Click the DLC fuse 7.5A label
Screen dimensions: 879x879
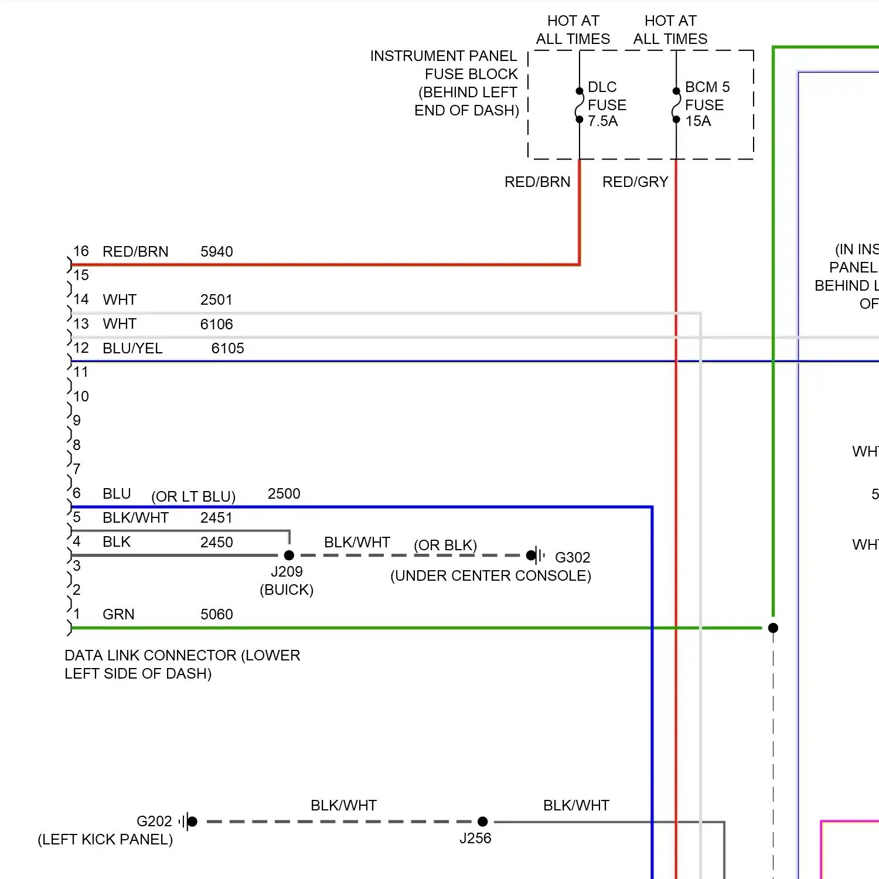point(607,104)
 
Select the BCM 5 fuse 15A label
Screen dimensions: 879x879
point(706,104)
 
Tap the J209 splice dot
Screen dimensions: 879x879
point(289,555)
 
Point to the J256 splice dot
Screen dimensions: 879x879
point(482,822)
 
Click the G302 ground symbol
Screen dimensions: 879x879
point(536,555)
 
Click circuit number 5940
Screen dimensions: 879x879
point(216,252)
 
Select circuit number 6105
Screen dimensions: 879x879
point(227,349)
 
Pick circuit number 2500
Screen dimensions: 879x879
point(284,494)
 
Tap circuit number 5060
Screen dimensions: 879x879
point(216,615)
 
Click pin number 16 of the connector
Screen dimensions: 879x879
point(81,251)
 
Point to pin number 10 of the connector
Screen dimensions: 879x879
point(81,397)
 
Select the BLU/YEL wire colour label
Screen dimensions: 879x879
point(132,349)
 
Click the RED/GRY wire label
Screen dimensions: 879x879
point(635,182)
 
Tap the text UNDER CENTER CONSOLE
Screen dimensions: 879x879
point(490,576)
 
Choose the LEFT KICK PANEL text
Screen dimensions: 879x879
point(105,840)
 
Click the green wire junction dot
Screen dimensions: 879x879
point(773,628)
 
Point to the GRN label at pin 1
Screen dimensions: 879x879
point(118,615)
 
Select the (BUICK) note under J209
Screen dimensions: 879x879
point(287,590)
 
